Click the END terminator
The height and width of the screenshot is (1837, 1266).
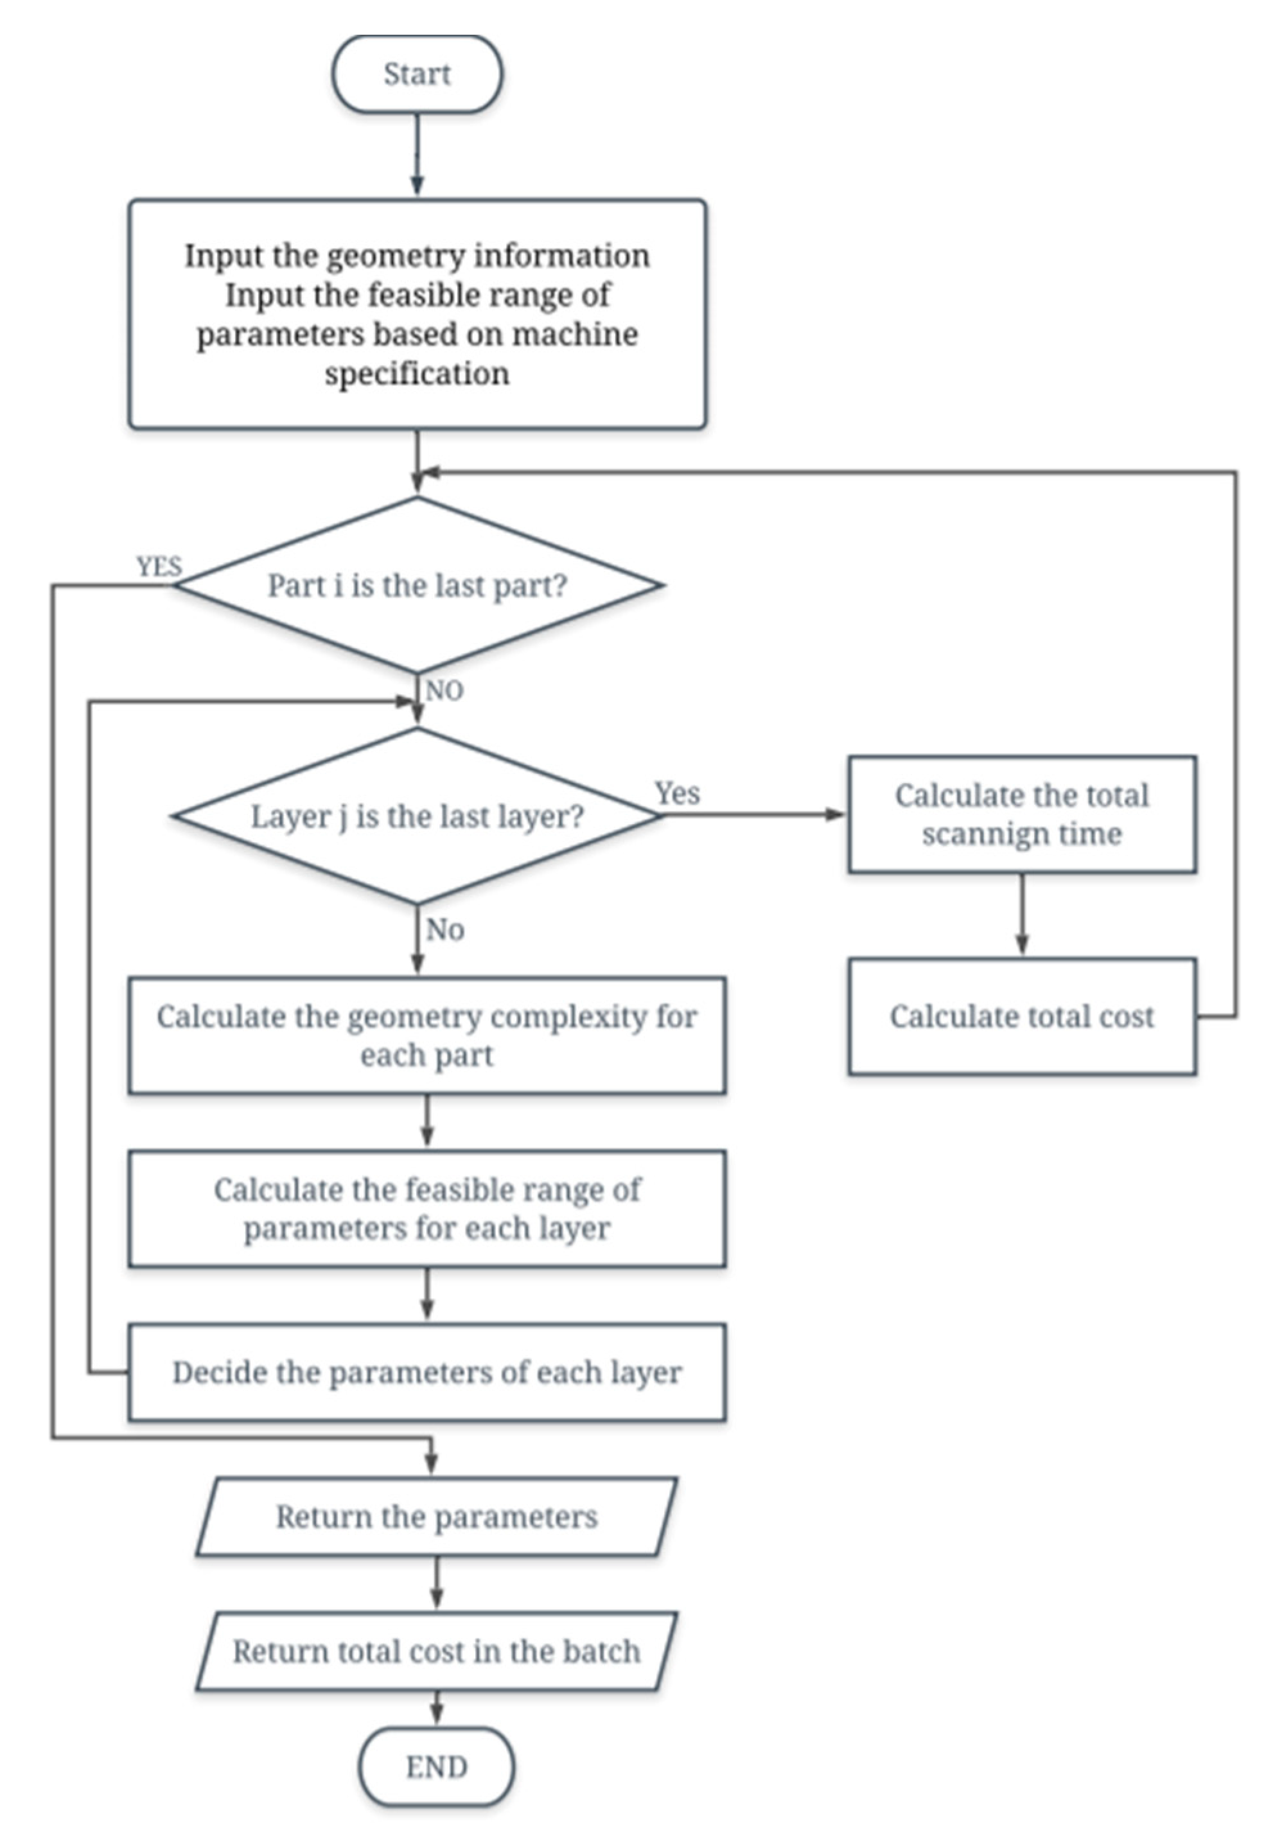(436, 1766)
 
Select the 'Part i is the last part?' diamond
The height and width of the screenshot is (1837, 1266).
(418, 585)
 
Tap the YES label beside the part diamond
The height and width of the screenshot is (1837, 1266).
(159, 567)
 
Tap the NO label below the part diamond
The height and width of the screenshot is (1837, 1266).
(444, 691)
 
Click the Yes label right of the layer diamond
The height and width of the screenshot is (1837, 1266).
(676, 793)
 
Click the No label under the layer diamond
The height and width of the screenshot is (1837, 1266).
(444, 929)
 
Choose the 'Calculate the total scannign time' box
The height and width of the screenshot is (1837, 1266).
(1022, 814)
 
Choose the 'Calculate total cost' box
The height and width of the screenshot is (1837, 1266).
(1022, 1016)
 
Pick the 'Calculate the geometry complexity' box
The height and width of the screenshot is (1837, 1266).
(426, 1035)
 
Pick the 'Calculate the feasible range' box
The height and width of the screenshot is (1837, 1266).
(426, 1208)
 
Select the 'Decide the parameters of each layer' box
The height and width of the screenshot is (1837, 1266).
(426, 1371)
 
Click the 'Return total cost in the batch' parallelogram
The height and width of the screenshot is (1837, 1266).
(436, 1651)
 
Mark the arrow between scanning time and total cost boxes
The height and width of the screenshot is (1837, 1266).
(1022, 915)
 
